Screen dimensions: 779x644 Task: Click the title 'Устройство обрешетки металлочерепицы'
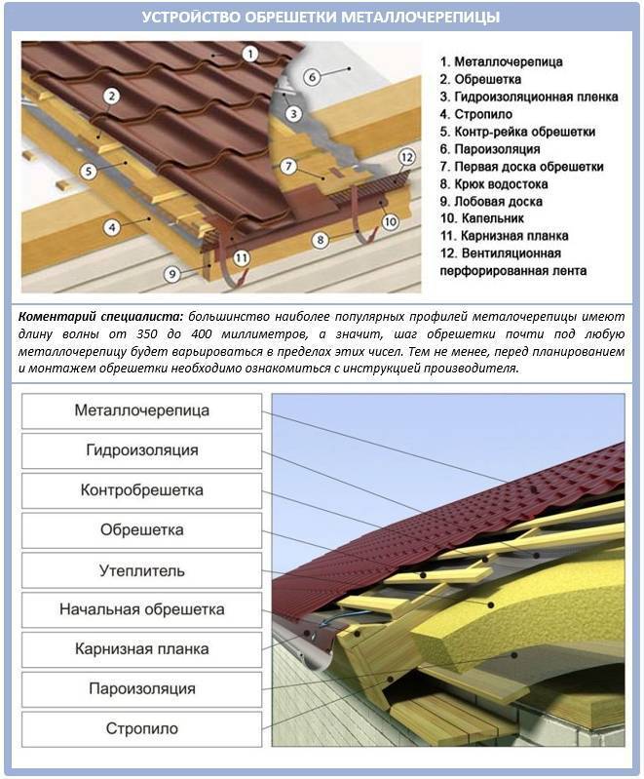(322, 18)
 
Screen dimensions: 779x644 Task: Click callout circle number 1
(250, 54)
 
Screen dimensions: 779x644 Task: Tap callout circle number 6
(313, 75)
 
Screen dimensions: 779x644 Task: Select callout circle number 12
(407, 156)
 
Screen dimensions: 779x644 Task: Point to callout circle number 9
(171, 275)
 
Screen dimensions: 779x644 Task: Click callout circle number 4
(112, 228)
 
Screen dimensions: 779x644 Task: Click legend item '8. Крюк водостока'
(493, 183)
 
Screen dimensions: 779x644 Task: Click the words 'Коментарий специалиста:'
(101, 318)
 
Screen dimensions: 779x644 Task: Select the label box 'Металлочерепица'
(142, 410)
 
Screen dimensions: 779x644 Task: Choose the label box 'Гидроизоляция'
(142, 450)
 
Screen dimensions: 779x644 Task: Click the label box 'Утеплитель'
(142, 569)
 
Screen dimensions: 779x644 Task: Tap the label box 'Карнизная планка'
(142, 648)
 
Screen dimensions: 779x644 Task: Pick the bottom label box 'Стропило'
(142, 728)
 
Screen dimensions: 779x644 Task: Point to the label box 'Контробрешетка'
(142, 490)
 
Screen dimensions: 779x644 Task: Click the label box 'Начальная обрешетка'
(142, 609)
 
